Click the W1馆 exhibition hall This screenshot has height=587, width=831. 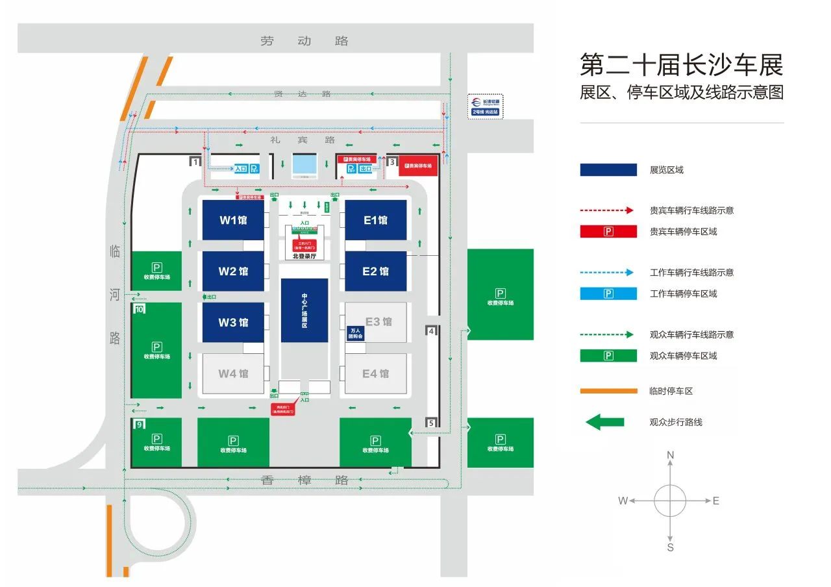coord(233,219)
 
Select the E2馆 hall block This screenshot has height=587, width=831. coord(375,271)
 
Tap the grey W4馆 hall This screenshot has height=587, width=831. coord(233,373)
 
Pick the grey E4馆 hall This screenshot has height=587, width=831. coord(375,373)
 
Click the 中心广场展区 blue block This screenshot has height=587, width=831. coord(304,310)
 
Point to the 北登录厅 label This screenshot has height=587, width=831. coord(304,256)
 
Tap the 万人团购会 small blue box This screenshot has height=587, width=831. coord(354,333)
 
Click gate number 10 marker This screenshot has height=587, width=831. coord(140,309)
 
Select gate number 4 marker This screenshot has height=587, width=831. coord(432,331)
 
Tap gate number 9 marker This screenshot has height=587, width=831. coord(139,425)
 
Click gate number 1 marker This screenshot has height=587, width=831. coord(194,162)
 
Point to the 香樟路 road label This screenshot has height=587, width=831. coord(305,480)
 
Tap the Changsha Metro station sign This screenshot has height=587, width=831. coord(486,106)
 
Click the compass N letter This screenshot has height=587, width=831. coord(671,455)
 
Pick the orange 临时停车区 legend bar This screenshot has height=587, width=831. coord(608,391)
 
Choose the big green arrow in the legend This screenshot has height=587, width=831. coord(604,422)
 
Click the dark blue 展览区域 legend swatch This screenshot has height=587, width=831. coord(608,169)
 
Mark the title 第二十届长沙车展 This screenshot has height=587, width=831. coord(682,65)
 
